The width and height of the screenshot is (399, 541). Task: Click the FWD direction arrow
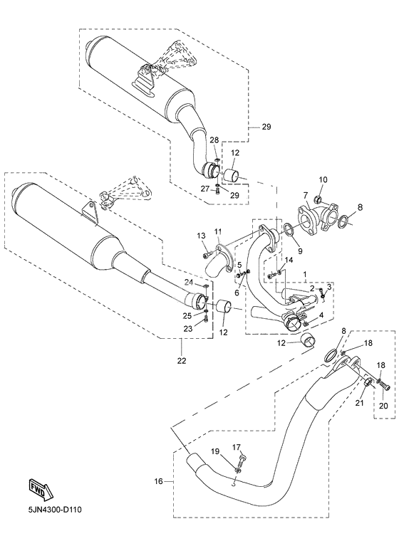pos(39,488)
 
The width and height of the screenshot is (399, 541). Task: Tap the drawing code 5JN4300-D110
pos(55,509)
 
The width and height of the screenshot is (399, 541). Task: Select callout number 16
pos(158,481)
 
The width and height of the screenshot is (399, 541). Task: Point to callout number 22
pos(182,361)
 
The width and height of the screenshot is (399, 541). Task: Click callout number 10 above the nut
pos(323,180)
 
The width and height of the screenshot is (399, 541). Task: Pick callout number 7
pos(306,196)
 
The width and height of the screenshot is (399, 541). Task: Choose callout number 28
pos(214,140)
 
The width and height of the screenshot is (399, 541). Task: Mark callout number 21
pos(360,403)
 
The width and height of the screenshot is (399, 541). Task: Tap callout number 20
pos(383,406)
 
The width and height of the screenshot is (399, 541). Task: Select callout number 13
pos(202,236)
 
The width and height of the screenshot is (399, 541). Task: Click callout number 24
pos(188,282)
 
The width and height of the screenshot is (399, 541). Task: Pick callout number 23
pos(188,329)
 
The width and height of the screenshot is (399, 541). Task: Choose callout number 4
pos(321,315)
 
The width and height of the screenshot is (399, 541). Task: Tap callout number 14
pos(289,260)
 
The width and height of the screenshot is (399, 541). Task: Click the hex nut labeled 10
pos(318,199)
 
